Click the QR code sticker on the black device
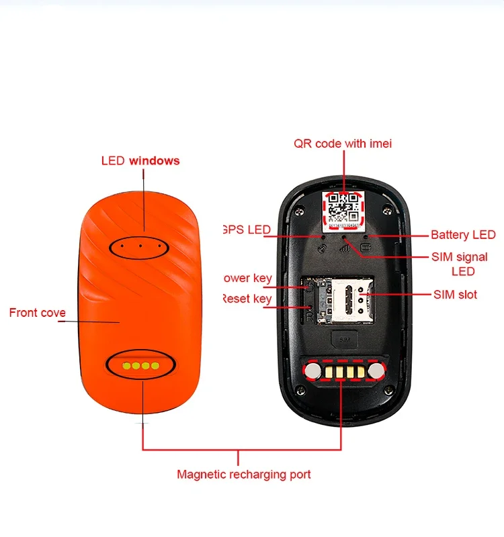[x=343, y=207]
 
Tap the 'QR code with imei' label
[x=343, y=143]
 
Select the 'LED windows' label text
[x=140, y=160]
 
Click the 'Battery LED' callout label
[x=463, y=235]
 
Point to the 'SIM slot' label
[x=455, y=295]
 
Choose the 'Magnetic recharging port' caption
[x=244, y=475]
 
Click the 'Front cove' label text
[x=37, y=313]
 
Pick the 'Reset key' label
[x=247, y=298]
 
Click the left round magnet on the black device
[x=312, y=369]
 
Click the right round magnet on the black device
[x=377, y=369]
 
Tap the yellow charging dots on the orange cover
[x=140, y=366]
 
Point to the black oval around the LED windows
[x=140, y=246]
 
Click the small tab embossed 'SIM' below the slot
[x=345, y=340]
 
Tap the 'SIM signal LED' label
[x=459, y=264]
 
